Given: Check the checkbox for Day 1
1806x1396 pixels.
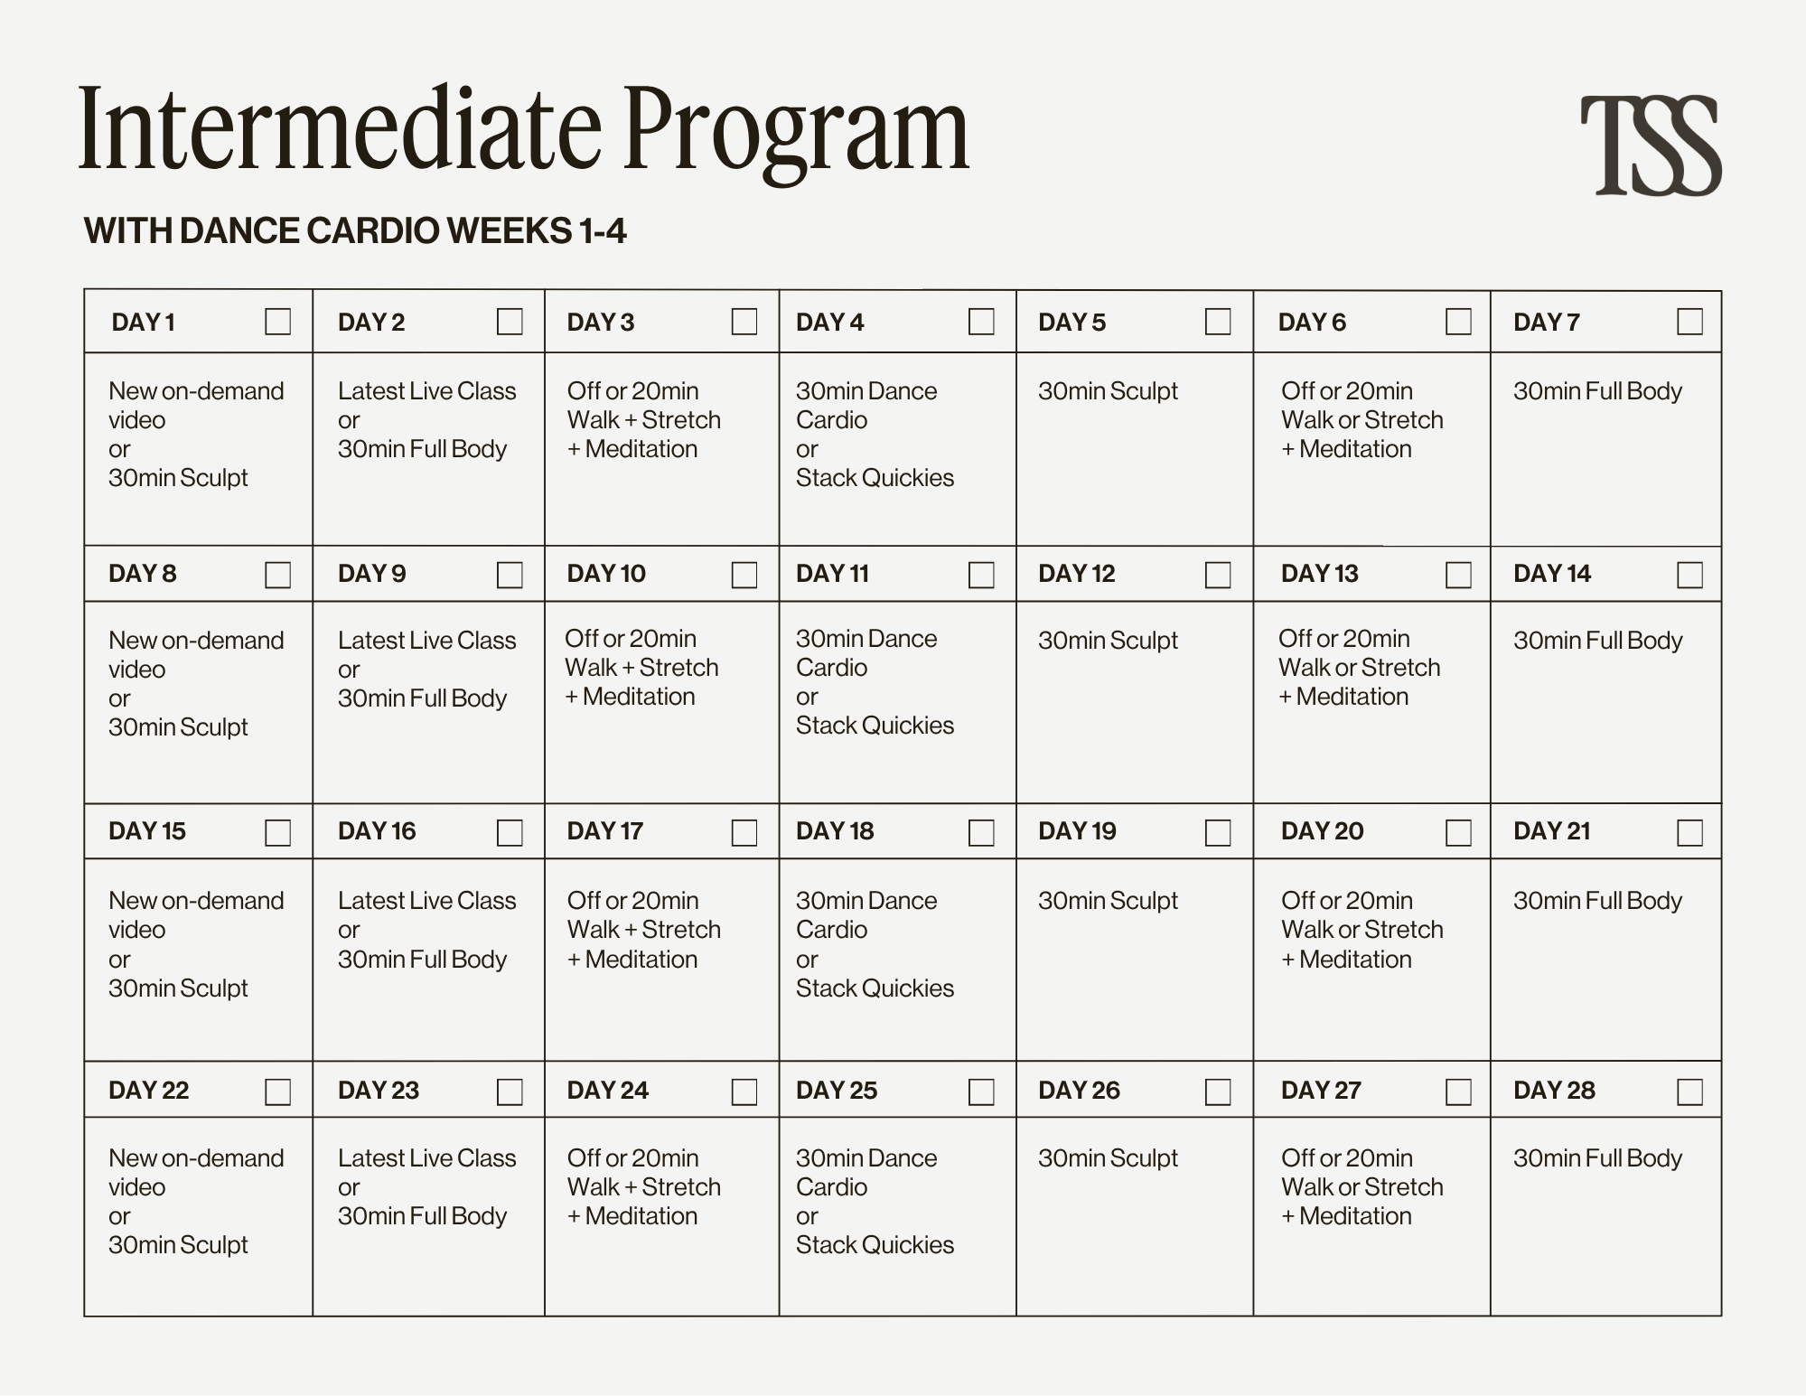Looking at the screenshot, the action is click(x=277, y=322).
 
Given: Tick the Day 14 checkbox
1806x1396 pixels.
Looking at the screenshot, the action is click(x=1689, y=575).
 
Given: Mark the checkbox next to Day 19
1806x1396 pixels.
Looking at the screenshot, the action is click(x=1217, y=832).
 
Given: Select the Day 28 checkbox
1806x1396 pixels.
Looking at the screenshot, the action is click(x=1689, y=1092).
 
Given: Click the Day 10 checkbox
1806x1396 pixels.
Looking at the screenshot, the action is click(x=744, y=575).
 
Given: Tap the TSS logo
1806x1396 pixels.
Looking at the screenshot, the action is click(x=1650, y=145).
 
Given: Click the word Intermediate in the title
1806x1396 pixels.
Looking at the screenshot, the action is click(x=339, y=128).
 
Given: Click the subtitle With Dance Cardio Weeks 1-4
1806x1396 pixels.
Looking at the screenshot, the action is click(x=355, y=231).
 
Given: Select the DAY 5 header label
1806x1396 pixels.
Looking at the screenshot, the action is click(x=1071, y=323).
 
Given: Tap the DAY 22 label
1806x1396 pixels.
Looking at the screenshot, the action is click(x=149, y=1091).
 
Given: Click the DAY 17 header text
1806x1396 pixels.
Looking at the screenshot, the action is click(x=605, y=831).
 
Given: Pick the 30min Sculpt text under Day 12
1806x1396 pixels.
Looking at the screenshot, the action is click(x=1108, y=641).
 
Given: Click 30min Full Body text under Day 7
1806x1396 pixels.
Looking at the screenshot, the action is click(x=1597, y=391).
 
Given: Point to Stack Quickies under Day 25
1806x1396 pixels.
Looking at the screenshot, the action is click(x=875, y=1245).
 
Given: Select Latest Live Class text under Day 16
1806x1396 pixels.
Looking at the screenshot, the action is click(x=426, y=901).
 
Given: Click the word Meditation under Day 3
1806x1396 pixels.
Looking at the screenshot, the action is click(x=641, y=449).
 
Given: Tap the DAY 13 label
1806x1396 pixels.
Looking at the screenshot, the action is click(x=1319, y=574).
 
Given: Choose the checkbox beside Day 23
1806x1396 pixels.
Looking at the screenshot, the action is click(x=510, y=1092).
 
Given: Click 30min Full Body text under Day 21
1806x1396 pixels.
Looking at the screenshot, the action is click(x=1597, y=901).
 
